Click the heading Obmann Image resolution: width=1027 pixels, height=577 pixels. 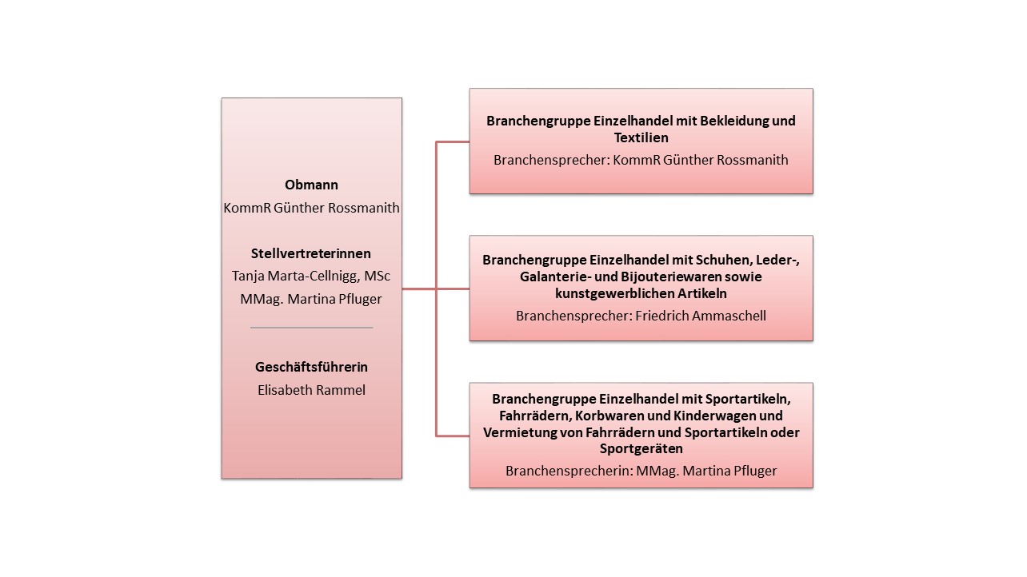coord(311,185)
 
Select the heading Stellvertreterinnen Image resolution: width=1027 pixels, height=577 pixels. coord(311,253)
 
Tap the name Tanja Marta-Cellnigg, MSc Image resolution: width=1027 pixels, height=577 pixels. coord(311,276)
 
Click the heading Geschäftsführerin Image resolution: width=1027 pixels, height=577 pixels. coord(311,368)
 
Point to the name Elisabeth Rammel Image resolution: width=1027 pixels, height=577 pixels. coord(311,391)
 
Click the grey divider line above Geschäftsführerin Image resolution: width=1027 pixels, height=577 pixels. coord(311,328)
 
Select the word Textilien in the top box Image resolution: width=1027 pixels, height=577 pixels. coord(641,138)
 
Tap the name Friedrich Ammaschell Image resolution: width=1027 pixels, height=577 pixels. coord(701,316)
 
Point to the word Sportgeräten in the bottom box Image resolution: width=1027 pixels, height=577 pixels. coord(641,449)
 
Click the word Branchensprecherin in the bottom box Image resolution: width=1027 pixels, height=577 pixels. coord(568,471)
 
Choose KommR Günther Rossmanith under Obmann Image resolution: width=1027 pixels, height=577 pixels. coord(311,208)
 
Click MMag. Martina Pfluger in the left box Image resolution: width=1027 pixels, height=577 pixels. coord(311,299)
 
